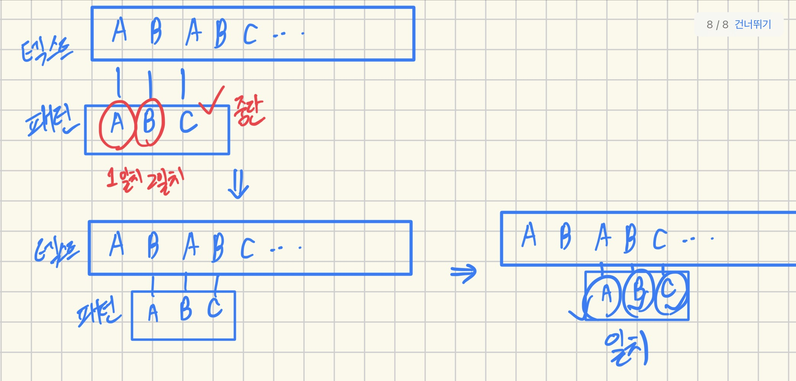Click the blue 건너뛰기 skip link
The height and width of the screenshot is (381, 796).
pos(753,25)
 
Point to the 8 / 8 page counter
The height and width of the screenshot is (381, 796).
pos(717,25)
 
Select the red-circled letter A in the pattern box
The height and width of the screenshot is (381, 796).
pos(117,124)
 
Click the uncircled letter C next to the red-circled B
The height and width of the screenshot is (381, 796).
pos(188,122)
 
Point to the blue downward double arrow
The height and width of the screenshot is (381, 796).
pos(238,184)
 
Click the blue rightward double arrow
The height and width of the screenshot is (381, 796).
pos(464,272)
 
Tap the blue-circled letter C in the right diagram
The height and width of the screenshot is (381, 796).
pos(669,293)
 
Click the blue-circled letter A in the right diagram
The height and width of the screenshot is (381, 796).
pos(606,294)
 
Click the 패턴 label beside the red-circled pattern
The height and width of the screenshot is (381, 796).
pos(51,122)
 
